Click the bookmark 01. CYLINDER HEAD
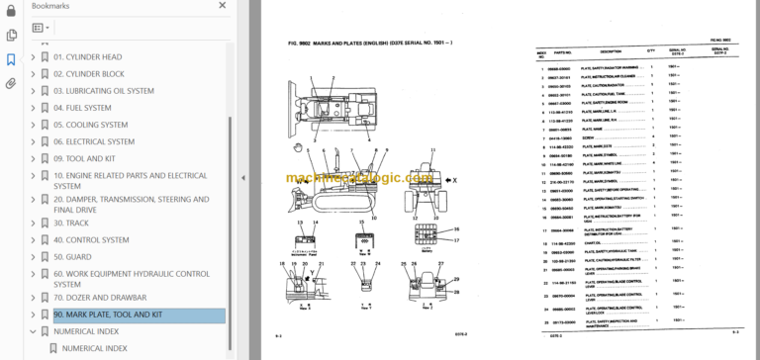[x=87, y=57]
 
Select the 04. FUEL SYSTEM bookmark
[x=82, y=108]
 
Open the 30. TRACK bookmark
[x=72, y=223]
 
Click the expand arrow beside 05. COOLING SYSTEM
[x=33, y=125]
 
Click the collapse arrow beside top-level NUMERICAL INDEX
[x=33, y=331]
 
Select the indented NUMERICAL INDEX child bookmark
[x=94, y=348]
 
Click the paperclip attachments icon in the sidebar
[x=11, y=82]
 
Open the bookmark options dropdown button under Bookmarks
[x=42, y=29]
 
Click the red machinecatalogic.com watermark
[x=356, y=179]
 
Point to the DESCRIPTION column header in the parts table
[x=611, y=51]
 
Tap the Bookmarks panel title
[x=50, y=8]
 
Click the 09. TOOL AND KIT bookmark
[x=86, y=158]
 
